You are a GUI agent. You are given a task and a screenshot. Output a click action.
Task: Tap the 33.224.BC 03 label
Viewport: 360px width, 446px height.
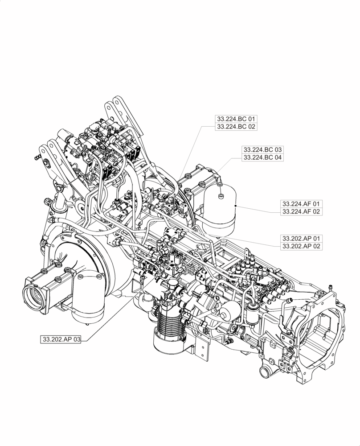tap(262, 149)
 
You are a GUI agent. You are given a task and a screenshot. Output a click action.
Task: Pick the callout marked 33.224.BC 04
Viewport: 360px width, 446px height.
tap(262, 157)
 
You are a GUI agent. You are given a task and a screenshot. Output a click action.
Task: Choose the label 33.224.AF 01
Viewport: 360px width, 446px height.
tap(301, 203)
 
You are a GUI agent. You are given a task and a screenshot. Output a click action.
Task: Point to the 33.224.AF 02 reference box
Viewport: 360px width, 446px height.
tap(301, 211)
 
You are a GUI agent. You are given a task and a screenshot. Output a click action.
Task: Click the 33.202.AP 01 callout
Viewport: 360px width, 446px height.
tap(301, 238)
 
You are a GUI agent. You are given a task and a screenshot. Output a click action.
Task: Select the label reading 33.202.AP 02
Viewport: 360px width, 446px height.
tap(301, 246)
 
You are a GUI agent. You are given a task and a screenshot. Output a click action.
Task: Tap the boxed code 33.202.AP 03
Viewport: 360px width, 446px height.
tap(61, 339)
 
